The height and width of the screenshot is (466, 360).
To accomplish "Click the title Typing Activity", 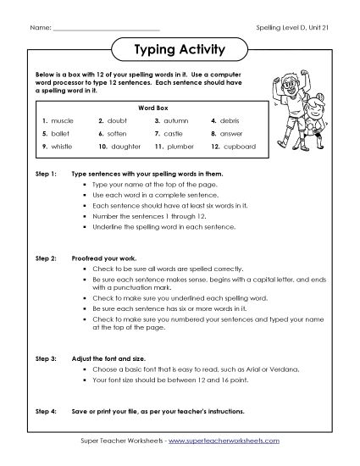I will click(x=180, y=49).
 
